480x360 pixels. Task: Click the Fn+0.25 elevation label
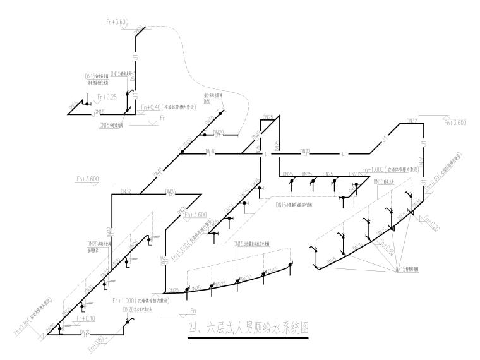point(107,97)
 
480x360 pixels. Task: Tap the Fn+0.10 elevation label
point(85,318)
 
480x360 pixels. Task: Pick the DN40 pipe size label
point(210,151)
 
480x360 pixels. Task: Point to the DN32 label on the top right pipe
point(412,120)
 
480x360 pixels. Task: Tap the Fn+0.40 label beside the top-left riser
point(152,107)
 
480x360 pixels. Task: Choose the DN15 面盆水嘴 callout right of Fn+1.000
point(385,181)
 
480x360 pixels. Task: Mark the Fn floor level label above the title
point(193,311)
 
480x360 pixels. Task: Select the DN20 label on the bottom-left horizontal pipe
point(86,330)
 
